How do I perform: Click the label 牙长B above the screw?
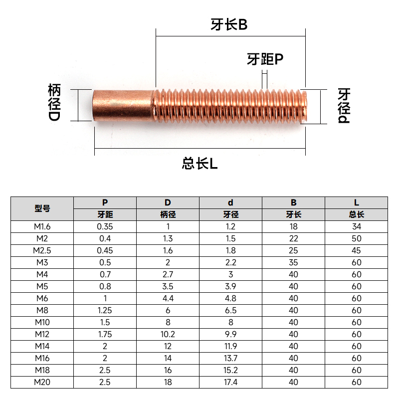(x=229, y=25)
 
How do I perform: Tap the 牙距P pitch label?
(x=265, y=59)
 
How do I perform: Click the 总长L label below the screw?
(x=200, y=163)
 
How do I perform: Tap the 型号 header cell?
(x=42, y=208)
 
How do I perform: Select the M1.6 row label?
(x=42, y=226)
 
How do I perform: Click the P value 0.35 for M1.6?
(x=105, y=226)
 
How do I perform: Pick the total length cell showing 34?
(x=356, y=226)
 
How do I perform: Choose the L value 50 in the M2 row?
(x=356, y=238)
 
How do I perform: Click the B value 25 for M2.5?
(x=293, y=250)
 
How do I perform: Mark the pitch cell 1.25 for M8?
(x=105, y=310)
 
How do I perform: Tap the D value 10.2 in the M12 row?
(x=168, y=334)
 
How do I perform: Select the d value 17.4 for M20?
(x=230, y=382)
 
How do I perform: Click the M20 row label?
(x=42, y=382)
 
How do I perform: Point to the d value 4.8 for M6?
(x=230, y=298)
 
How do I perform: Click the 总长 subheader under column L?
(x=356, y=214)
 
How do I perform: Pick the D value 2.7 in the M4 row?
(x=168, y=274)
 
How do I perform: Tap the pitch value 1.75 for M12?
(x=105, y=334)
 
